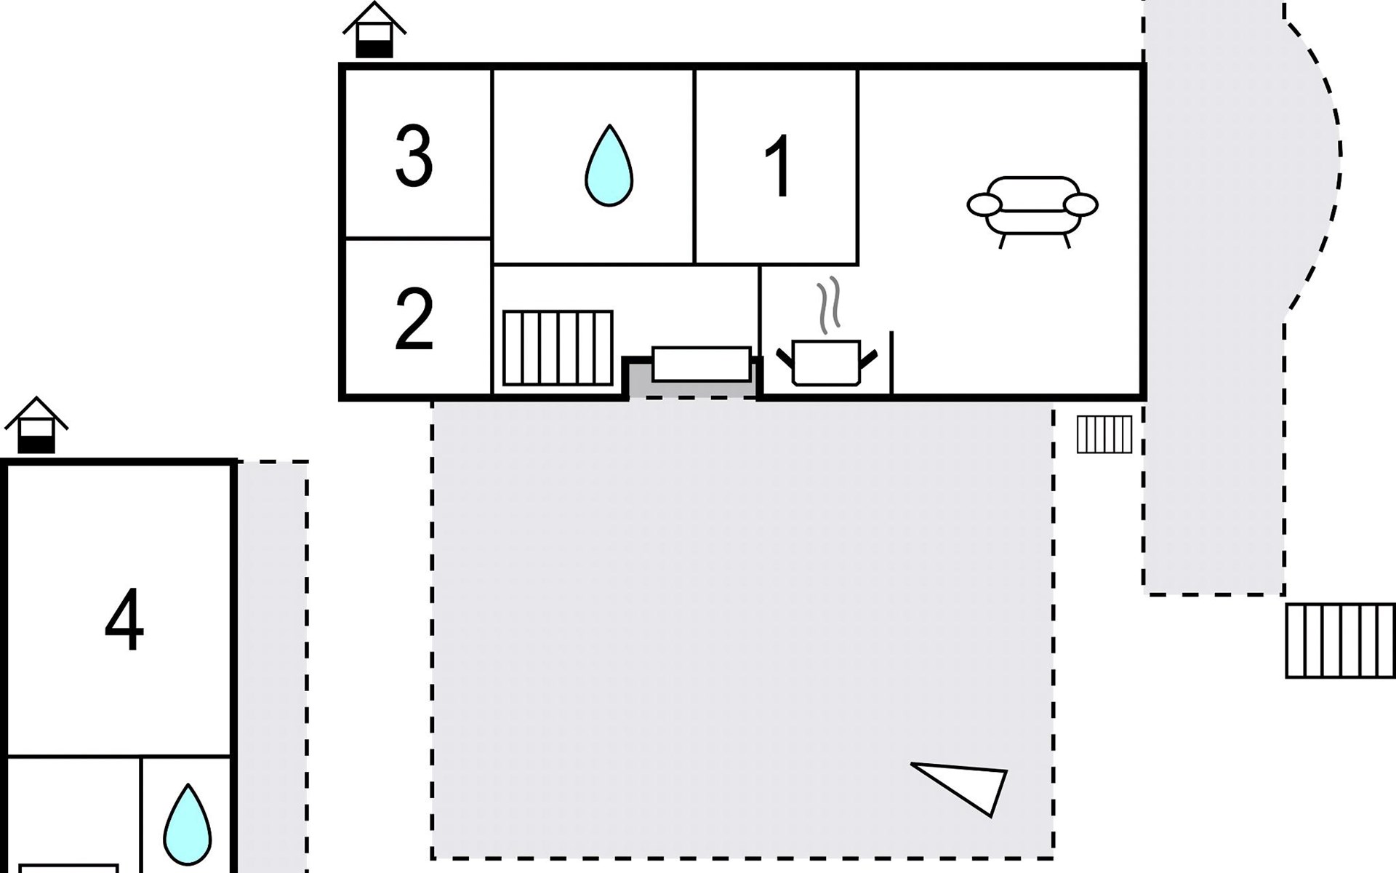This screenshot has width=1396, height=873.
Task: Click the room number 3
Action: click(x=414, y=156)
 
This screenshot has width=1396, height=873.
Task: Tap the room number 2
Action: click(x=414, y=319)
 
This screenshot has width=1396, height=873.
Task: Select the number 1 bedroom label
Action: click(x=779, y=166)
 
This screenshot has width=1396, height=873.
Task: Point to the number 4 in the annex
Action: click(x=124, y=620)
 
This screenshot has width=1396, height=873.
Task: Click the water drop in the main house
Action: click(x=609, y=166)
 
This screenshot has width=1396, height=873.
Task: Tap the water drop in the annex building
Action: click(x=188, y=825)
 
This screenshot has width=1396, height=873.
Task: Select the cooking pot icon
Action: click(x=827, y=362)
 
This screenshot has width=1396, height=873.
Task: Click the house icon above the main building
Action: click(x=374, y=30)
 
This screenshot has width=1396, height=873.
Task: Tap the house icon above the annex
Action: click(x=36, y=425)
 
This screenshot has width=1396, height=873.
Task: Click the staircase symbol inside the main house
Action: click(x=558, y=348)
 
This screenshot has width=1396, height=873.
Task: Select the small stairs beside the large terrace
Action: click(x=1104, y=434)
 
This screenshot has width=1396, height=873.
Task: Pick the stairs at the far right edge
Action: click(x=1340, y=641)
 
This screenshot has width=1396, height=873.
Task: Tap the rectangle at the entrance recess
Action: click(x=702, y=364)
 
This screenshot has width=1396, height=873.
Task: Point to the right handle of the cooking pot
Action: click(x=869, y=358)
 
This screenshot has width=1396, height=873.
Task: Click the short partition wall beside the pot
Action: click(x=891, y=362)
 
